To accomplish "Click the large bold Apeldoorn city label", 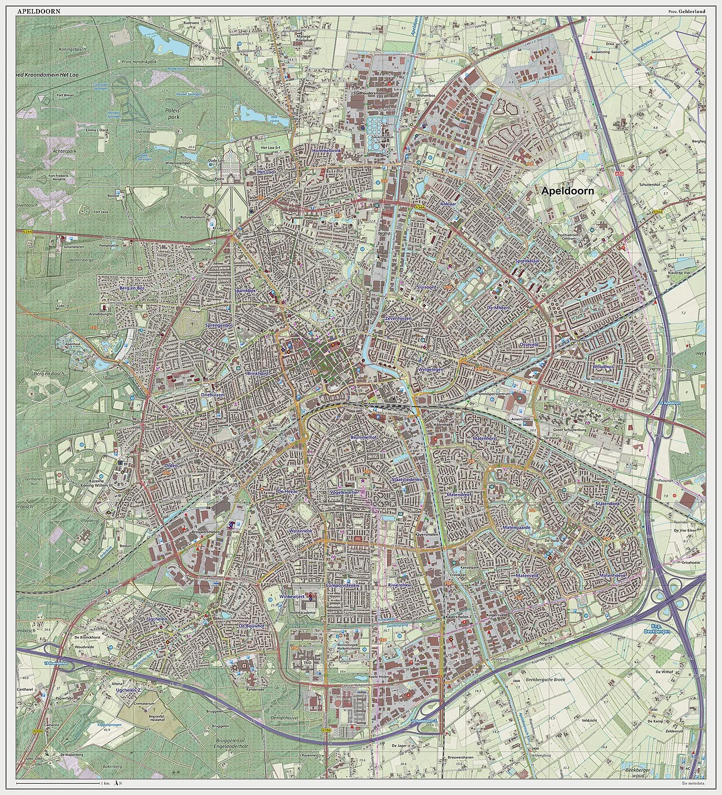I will [x=567, y=191].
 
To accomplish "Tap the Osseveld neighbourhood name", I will [x=530, y=344].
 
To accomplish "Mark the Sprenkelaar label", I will [x=527, y=262].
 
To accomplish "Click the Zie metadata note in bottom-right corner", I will [x=693, y=784].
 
